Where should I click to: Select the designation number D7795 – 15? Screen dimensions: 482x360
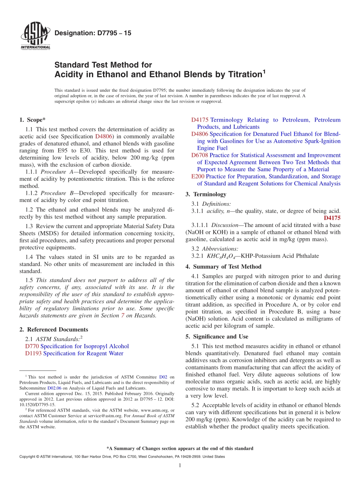coord(93,33)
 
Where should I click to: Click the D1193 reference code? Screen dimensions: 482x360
coord(33,354)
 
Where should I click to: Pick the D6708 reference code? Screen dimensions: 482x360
coord(199,155)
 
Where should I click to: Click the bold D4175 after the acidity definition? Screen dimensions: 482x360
coord(332,218)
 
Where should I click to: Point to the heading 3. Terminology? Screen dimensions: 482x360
coord(206,194)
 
